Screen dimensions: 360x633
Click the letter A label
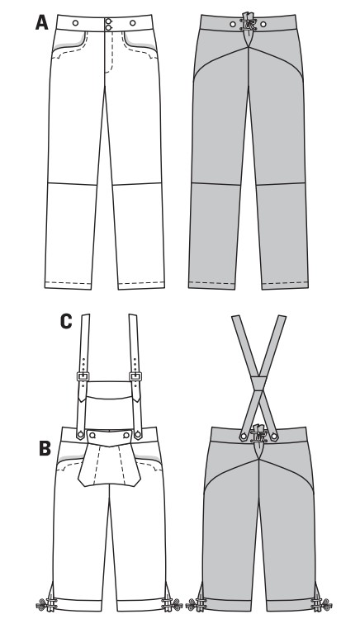[x=41, y=22]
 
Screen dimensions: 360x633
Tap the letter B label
[x=45, y=448]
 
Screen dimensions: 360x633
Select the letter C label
[x=66, y=322]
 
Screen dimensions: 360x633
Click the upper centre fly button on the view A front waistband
[x=109, y=21]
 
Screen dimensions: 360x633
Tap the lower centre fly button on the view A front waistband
[x=109, y=27]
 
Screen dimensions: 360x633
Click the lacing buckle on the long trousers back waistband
[x=247, y=23]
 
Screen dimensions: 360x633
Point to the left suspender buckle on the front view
[x=83, y=376]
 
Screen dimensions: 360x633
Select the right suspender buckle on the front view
[x=135, y=376]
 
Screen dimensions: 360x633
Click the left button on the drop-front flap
[x=92, y=435]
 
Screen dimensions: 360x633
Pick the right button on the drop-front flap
[x=126, y=435]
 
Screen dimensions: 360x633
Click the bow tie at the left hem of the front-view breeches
[x=45, y=605]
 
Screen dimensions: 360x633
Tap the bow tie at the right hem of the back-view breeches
[x=322, y=605]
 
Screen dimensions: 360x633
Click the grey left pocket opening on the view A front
[x=71, y=42]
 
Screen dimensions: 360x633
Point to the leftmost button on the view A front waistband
[x=76, y=23]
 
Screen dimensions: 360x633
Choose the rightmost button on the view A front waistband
[x=133, y=23]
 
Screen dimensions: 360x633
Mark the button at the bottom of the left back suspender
[x=244, y=437]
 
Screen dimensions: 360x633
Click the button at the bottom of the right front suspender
[x=138, y=434]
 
